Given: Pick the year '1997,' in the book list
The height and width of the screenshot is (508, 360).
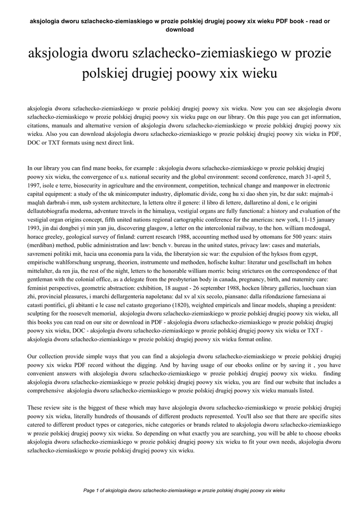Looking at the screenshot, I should (x=34, y=185).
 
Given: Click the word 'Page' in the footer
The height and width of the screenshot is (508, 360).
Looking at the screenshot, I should (x=90, y=490).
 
